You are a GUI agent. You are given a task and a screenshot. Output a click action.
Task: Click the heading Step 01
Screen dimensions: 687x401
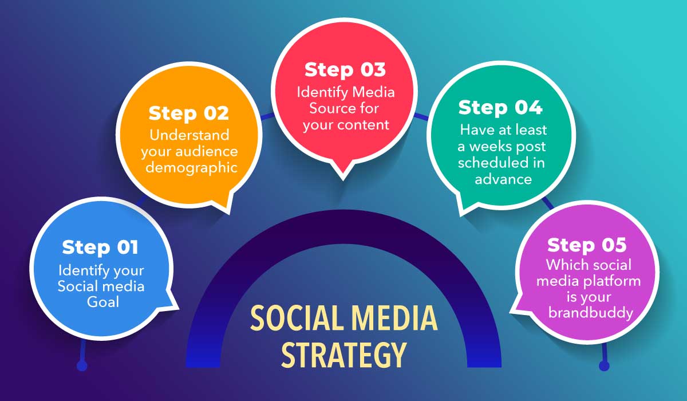pos(100,247)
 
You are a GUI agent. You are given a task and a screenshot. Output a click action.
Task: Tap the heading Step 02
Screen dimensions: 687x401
pos(188,113)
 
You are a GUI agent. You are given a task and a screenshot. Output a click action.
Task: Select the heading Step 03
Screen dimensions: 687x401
pos(345,70)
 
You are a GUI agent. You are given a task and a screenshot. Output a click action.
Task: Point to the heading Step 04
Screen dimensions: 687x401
pos(500,108)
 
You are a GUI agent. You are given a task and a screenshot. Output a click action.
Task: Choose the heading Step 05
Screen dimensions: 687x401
pos(587,245)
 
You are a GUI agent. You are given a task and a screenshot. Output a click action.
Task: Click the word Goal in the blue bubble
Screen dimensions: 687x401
pos(102,302)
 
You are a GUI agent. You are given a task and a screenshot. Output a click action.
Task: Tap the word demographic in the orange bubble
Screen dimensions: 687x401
pos(191,168)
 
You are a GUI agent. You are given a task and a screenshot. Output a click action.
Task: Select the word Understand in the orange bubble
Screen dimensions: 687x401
pos(189,135)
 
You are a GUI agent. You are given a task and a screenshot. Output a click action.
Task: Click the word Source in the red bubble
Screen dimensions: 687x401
pos(327,108)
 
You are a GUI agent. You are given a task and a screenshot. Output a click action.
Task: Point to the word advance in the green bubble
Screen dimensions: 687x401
pos(503,179)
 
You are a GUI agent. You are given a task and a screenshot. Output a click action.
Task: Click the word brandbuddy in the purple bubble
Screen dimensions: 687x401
pos(591,313)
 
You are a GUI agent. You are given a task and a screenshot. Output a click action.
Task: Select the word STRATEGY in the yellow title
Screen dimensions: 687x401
pos(344,355)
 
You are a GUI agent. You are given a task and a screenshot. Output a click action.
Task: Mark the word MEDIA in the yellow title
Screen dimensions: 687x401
pos(394,318)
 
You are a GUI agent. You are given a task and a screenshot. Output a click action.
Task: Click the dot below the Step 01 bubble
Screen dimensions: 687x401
pos(82,365)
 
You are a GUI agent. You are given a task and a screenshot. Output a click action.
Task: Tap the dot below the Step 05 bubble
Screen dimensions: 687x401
pos(604,365)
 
